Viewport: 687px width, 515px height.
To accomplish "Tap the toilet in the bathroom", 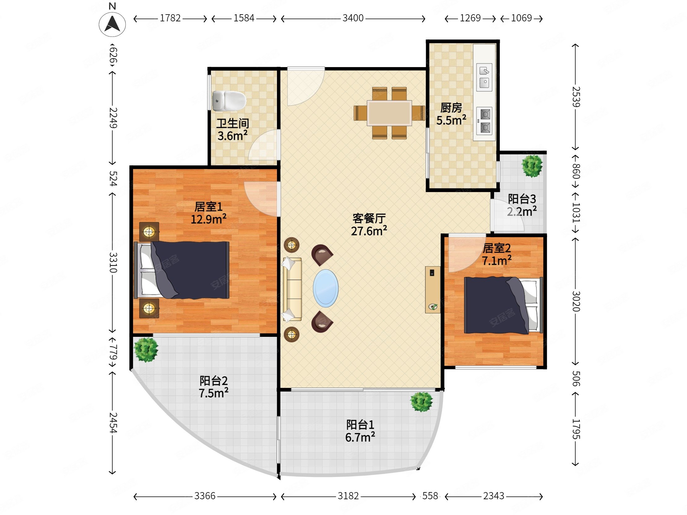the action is point(229,101).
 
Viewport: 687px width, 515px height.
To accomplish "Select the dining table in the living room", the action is point(389,113).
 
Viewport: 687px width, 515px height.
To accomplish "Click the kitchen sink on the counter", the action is point(484,77).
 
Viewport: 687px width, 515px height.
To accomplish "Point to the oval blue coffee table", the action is point(326,288).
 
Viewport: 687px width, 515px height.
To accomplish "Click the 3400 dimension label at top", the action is point(353,18).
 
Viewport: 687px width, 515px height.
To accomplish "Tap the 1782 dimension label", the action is point(170,18).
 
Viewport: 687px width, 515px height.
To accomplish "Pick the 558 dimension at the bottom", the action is point(430,496).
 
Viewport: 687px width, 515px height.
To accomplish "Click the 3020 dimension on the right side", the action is point(576,301).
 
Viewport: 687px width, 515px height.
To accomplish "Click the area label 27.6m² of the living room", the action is point(369,231).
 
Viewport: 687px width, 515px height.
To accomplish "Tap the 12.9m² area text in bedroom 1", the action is point(208,219).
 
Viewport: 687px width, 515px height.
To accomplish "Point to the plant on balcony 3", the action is point(532,166).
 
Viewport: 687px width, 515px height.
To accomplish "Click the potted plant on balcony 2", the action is point(146,350).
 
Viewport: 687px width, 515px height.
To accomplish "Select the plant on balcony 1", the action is point(421,402).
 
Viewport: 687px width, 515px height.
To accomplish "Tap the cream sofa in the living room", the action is point(292,289).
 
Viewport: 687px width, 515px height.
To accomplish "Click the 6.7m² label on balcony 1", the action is point(360,437).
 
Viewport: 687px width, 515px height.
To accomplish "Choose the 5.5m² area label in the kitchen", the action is point(451,120).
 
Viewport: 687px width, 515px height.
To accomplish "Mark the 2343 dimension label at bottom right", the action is point(494,496).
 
